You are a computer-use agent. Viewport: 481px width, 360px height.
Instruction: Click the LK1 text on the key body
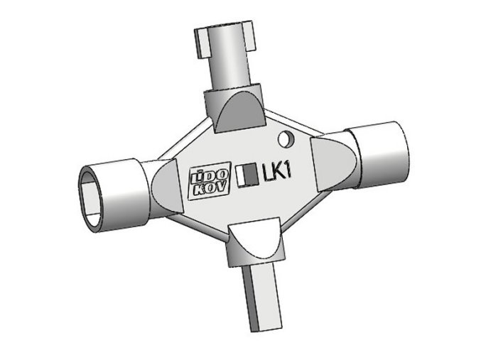pyautogui.click(x=278, y=173)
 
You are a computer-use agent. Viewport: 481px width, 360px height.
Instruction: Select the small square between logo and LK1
pyautogui.click(x=247, y=174)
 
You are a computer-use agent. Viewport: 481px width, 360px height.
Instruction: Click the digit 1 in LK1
pyautogui.click(x=290, y=171)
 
